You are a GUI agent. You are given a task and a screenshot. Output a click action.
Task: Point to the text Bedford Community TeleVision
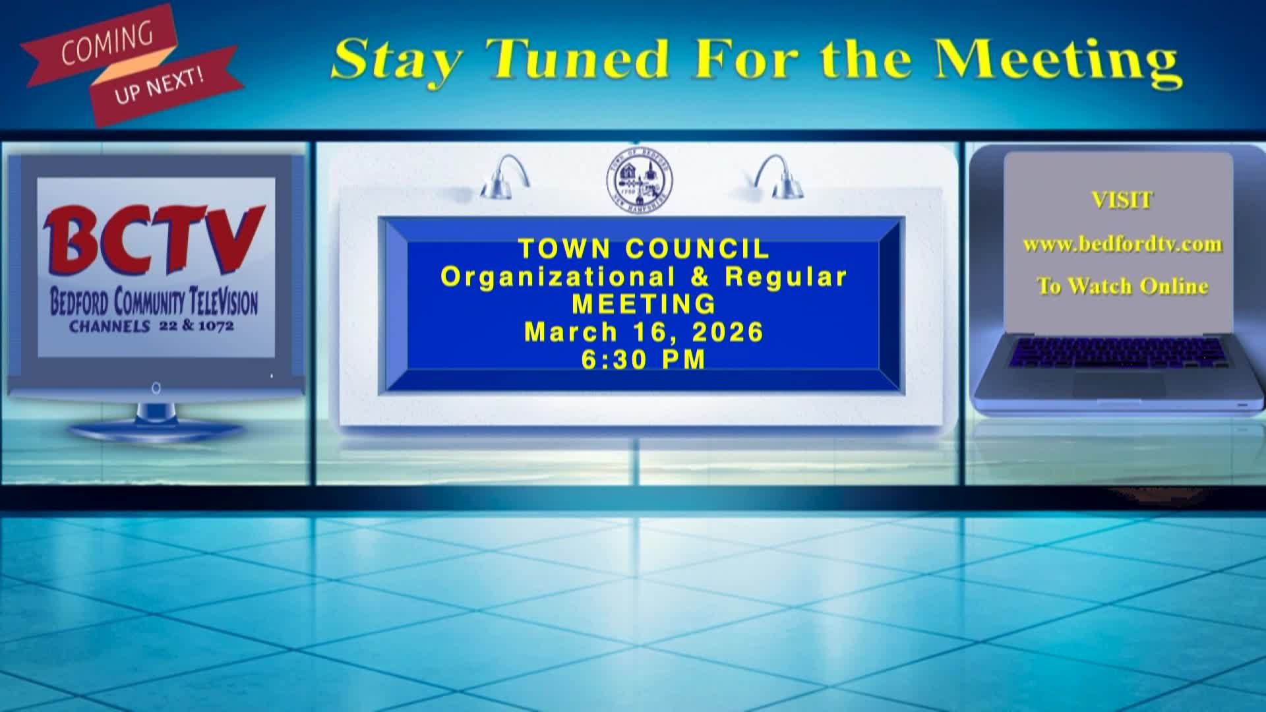(x=154, y=303)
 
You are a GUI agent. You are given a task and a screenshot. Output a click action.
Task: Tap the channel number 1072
(x=216, y=326)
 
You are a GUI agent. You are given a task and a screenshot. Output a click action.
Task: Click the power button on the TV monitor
(x=156, y=388)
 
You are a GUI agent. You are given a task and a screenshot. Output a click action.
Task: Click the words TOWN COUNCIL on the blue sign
(x=644, y=249)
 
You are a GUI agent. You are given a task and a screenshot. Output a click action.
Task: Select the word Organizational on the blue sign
(x=558, y=277)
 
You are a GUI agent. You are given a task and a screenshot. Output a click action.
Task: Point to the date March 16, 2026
(x=644, y=332)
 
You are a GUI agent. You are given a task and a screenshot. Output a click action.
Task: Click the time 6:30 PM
(x=644, y=360)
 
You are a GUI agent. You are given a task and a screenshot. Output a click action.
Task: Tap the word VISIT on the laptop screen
(x=1122, y=200)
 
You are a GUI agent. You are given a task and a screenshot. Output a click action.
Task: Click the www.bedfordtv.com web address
(x=1122, y=245)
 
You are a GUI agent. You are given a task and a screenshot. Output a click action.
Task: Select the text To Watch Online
(x=1122, y=286)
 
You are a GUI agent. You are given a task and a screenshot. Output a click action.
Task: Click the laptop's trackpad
(x=1118, y=386)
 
